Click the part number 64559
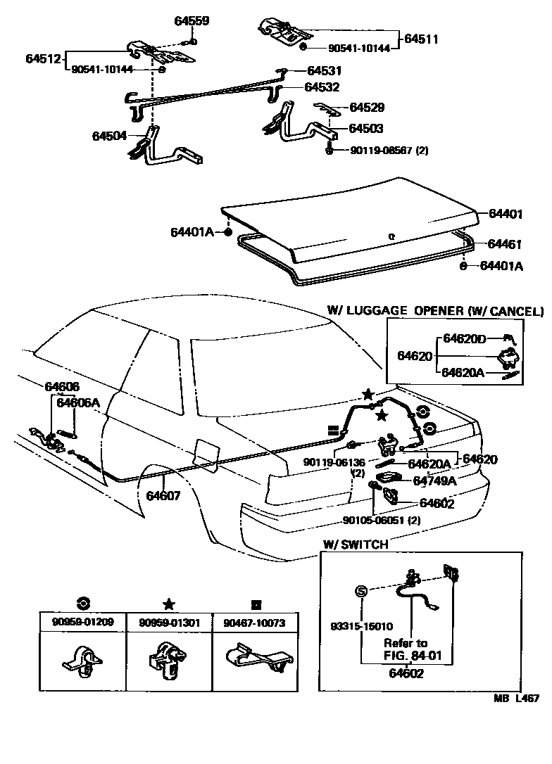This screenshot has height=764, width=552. [x=192, y=21]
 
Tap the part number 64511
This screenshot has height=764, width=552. [x=421, y=39]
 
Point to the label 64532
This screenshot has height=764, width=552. [x=322, y=87]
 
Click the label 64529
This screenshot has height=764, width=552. [x=367, y=108]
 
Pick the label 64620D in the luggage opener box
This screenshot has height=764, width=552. [x=464, y=338]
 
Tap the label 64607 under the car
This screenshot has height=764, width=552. [x=163, y=495]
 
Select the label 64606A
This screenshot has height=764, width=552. [x=77, y=402]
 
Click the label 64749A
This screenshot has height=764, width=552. [x=434, y=481]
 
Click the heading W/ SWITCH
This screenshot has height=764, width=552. [x=355, y=545]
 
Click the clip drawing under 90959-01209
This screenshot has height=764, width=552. [x=81, y=662]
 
